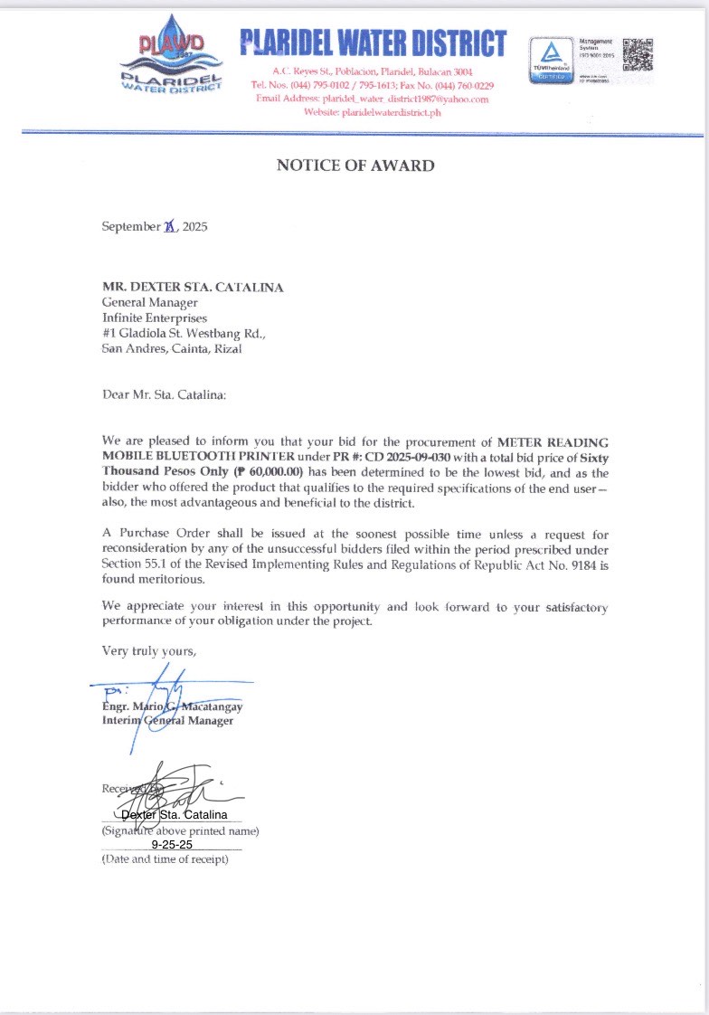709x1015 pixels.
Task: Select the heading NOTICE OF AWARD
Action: click(x=355, y=166)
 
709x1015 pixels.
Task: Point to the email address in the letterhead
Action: click(x=373, y=99)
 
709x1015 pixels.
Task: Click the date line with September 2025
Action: click(x=155, y=226)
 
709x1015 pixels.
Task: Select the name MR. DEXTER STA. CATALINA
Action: click(x=193, y=287)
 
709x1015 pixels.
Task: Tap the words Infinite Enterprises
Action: click(x=155, y=318)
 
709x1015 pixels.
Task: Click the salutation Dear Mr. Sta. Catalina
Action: click(x=164, y=394)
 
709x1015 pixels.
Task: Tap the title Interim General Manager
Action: click(x=167, y=720)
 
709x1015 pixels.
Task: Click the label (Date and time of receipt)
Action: click(x=165, y=858)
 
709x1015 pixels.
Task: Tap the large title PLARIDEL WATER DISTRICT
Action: click(x=373, y=43)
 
